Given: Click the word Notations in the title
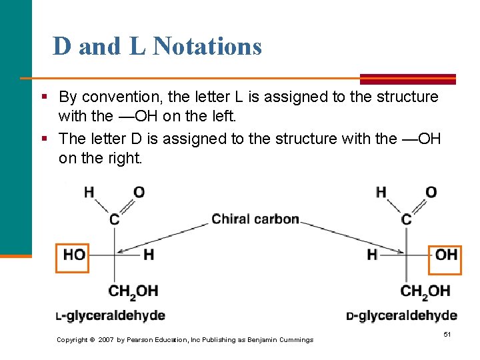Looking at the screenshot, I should tap(207, 47).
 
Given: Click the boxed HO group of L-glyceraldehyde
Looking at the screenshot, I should tap(73, 255).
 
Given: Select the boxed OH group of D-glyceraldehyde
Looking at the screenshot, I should tap(445, 255).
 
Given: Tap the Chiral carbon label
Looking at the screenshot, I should tap(255, 219).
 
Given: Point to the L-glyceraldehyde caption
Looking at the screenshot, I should tap(110, 315).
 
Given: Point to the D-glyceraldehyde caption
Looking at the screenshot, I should tap(401, 315).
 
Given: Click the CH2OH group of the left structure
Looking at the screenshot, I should tap(133, 291).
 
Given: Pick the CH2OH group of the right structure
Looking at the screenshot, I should tap(425, 291).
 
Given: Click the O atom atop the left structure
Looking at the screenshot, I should tap(139, 192).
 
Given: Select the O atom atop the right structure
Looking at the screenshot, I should tap(431, 192).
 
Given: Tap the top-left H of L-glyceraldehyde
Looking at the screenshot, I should tap(89, 192).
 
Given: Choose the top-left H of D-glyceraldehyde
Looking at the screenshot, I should tap(381, 192).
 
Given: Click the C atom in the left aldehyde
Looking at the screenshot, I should tap(115, 219).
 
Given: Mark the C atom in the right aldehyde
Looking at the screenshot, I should tap(407, 219).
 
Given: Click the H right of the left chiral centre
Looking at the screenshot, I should tap(149, 255).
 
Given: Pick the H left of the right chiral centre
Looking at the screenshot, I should tap(372, 255).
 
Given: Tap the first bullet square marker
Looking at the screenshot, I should tap(44, 97).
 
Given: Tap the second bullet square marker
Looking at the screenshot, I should tap(44, 138).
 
